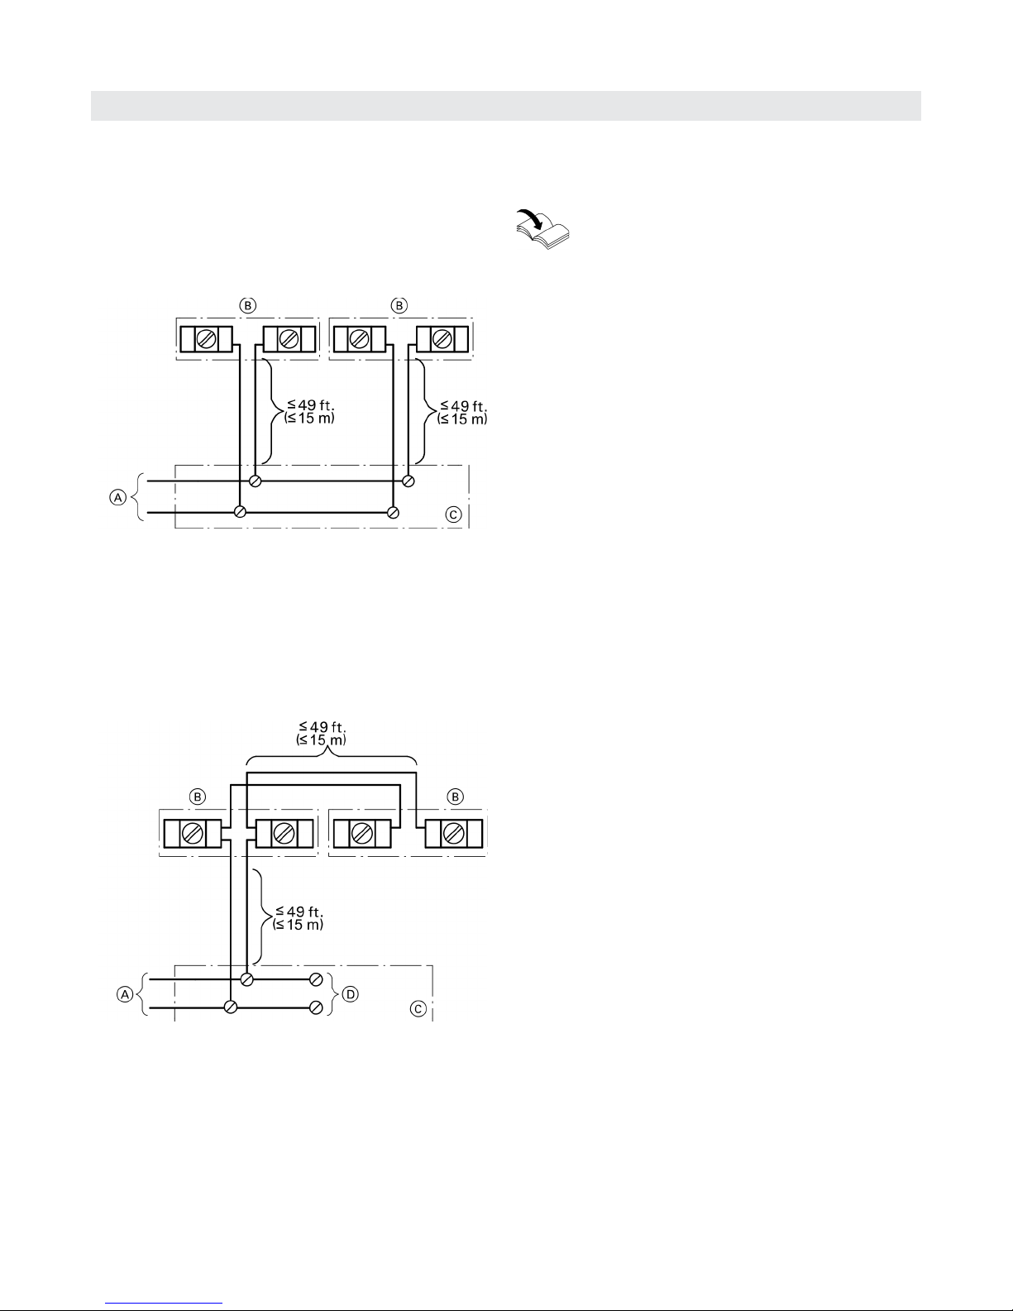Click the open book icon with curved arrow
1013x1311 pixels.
(542, 229)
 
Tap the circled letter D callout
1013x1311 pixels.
(351, 993)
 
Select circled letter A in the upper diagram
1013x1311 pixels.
(117, 497)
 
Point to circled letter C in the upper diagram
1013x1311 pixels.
(453, 514)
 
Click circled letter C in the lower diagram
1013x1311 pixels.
(418, 1009)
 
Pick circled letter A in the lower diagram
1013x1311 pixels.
(125, 993)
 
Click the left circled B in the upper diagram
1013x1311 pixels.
(248, 305)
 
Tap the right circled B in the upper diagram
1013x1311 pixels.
(399, 305)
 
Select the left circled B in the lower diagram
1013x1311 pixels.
(198, 797)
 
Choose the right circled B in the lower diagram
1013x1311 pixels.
(456, 797)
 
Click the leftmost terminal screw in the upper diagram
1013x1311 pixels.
(206, 339)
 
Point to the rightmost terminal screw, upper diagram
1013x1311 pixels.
(442, 339)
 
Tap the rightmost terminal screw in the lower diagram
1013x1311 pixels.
(453, 834)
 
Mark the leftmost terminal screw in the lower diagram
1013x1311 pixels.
(193, 834)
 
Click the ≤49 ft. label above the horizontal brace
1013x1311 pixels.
(323, 726)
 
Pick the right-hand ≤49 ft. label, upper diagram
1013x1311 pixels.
(463, 406)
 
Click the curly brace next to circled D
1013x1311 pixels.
(332, 993)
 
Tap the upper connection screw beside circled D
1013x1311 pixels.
(316, 980)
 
